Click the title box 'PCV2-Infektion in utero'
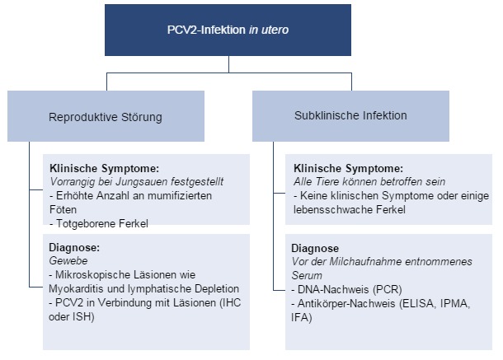coord(228,29)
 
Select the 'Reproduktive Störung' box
coord(106,116)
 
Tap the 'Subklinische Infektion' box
coord(350,115)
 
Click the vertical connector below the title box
coord(229,65)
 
